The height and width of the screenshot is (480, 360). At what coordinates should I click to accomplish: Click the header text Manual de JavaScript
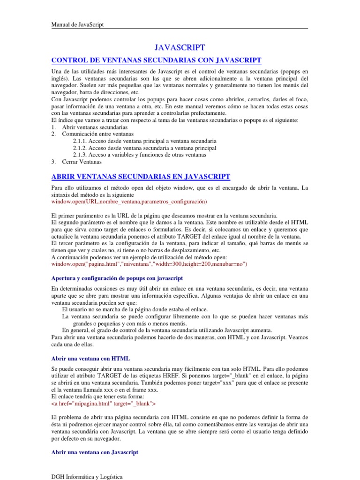77,25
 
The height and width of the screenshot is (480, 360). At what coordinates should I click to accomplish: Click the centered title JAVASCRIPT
180,47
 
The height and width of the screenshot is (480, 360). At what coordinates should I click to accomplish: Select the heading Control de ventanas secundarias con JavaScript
156,60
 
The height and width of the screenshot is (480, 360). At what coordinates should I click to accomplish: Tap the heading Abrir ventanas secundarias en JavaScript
140,176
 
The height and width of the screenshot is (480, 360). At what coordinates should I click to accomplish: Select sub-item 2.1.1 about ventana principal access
145,141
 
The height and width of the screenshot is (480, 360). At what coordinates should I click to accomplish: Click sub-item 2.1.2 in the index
145,148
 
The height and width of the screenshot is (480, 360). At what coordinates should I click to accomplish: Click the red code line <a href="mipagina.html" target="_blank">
103,403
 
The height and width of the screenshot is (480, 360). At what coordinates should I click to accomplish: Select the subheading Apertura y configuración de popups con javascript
117,278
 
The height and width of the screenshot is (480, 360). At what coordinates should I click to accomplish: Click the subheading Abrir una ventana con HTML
90,359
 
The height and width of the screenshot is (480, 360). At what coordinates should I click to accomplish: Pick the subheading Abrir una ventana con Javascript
94,452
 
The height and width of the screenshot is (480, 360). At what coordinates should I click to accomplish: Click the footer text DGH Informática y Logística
87,477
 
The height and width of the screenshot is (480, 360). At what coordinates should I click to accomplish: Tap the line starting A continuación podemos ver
139,257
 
